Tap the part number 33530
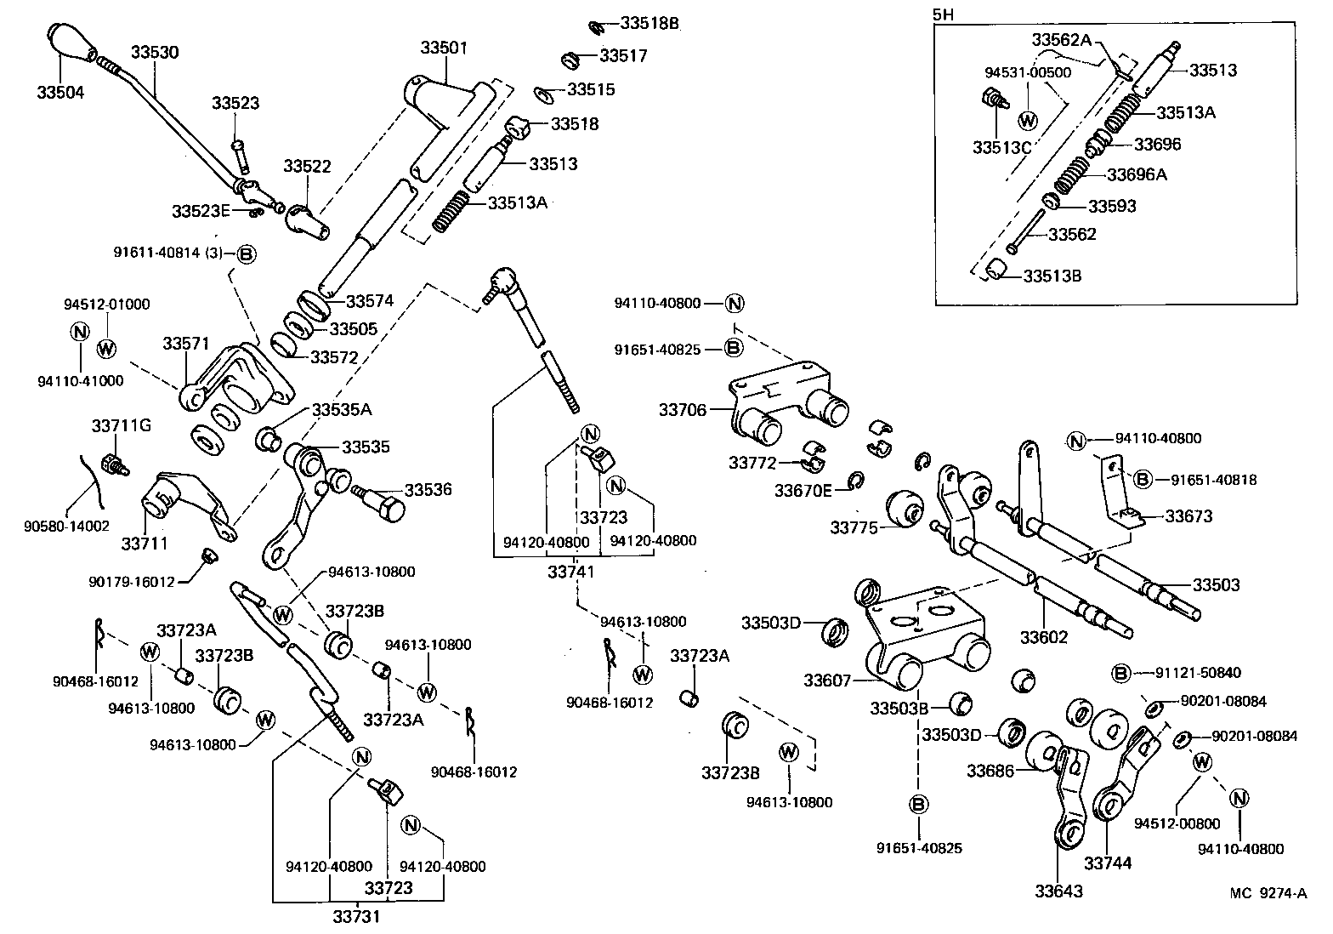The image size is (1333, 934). (x=155, y=52)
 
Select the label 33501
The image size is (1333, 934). (x=444, y=48)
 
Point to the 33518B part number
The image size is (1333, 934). (x=649, y=23)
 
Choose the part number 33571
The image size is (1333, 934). (x=186, y=344)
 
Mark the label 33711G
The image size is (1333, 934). (x=121, y=424)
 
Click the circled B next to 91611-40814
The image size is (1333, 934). (x=246, y=253)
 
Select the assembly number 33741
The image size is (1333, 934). (x=571, y=572)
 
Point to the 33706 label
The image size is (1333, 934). (x=682, y=410)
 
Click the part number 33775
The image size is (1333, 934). (x=854, y=527)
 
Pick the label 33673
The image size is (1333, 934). (x=1188, y=516)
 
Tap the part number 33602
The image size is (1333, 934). (x=1044, y=637)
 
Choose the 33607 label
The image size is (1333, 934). (x=828, y=681)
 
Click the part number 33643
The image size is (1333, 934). (x=1059, y=891)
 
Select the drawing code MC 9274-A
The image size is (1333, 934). (x=1268, y=892)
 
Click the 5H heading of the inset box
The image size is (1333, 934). (x=943, y=14)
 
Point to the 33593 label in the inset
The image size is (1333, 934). (x=1112, y=206)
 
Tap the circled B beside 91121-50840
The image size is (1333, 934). (x=1121, y=673)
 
